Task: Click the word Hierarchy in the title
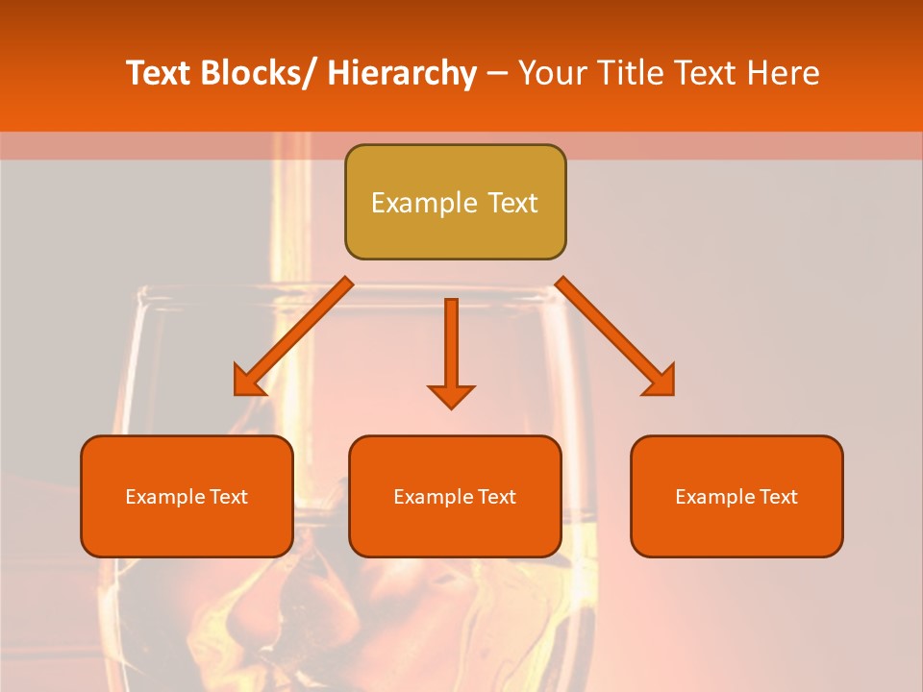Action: click(401, 73)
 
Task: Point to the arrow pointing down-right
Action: click(615, 336)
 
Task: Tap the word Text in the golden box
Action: click(511, 203)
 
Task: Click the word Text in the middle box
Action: click(497, 497)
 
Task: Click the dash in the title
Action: click(497, 73)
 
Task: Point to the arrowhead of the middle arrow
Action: click(451, 396)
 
